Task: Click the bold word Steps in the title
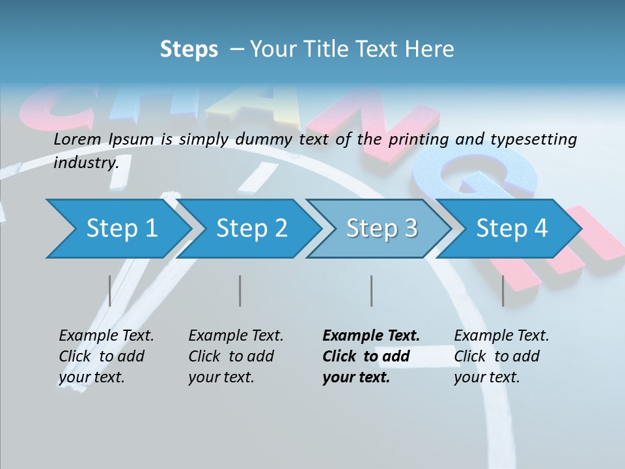[x=189, y=50]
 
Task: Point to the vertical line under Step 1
[x=110, y=291]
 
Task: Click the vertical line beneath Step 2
[x=240, y=291]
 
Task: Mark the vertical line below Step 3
[x=372, y=291]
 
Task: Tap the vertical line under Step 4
[x=503, y=291]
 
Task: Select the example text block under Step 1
[x=105, y=356]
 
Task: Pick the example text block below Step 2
[x=235, y=356]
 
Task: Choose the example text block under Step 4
[x=501, y=356]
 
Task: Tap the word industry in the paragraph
[x=85, y=162]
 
